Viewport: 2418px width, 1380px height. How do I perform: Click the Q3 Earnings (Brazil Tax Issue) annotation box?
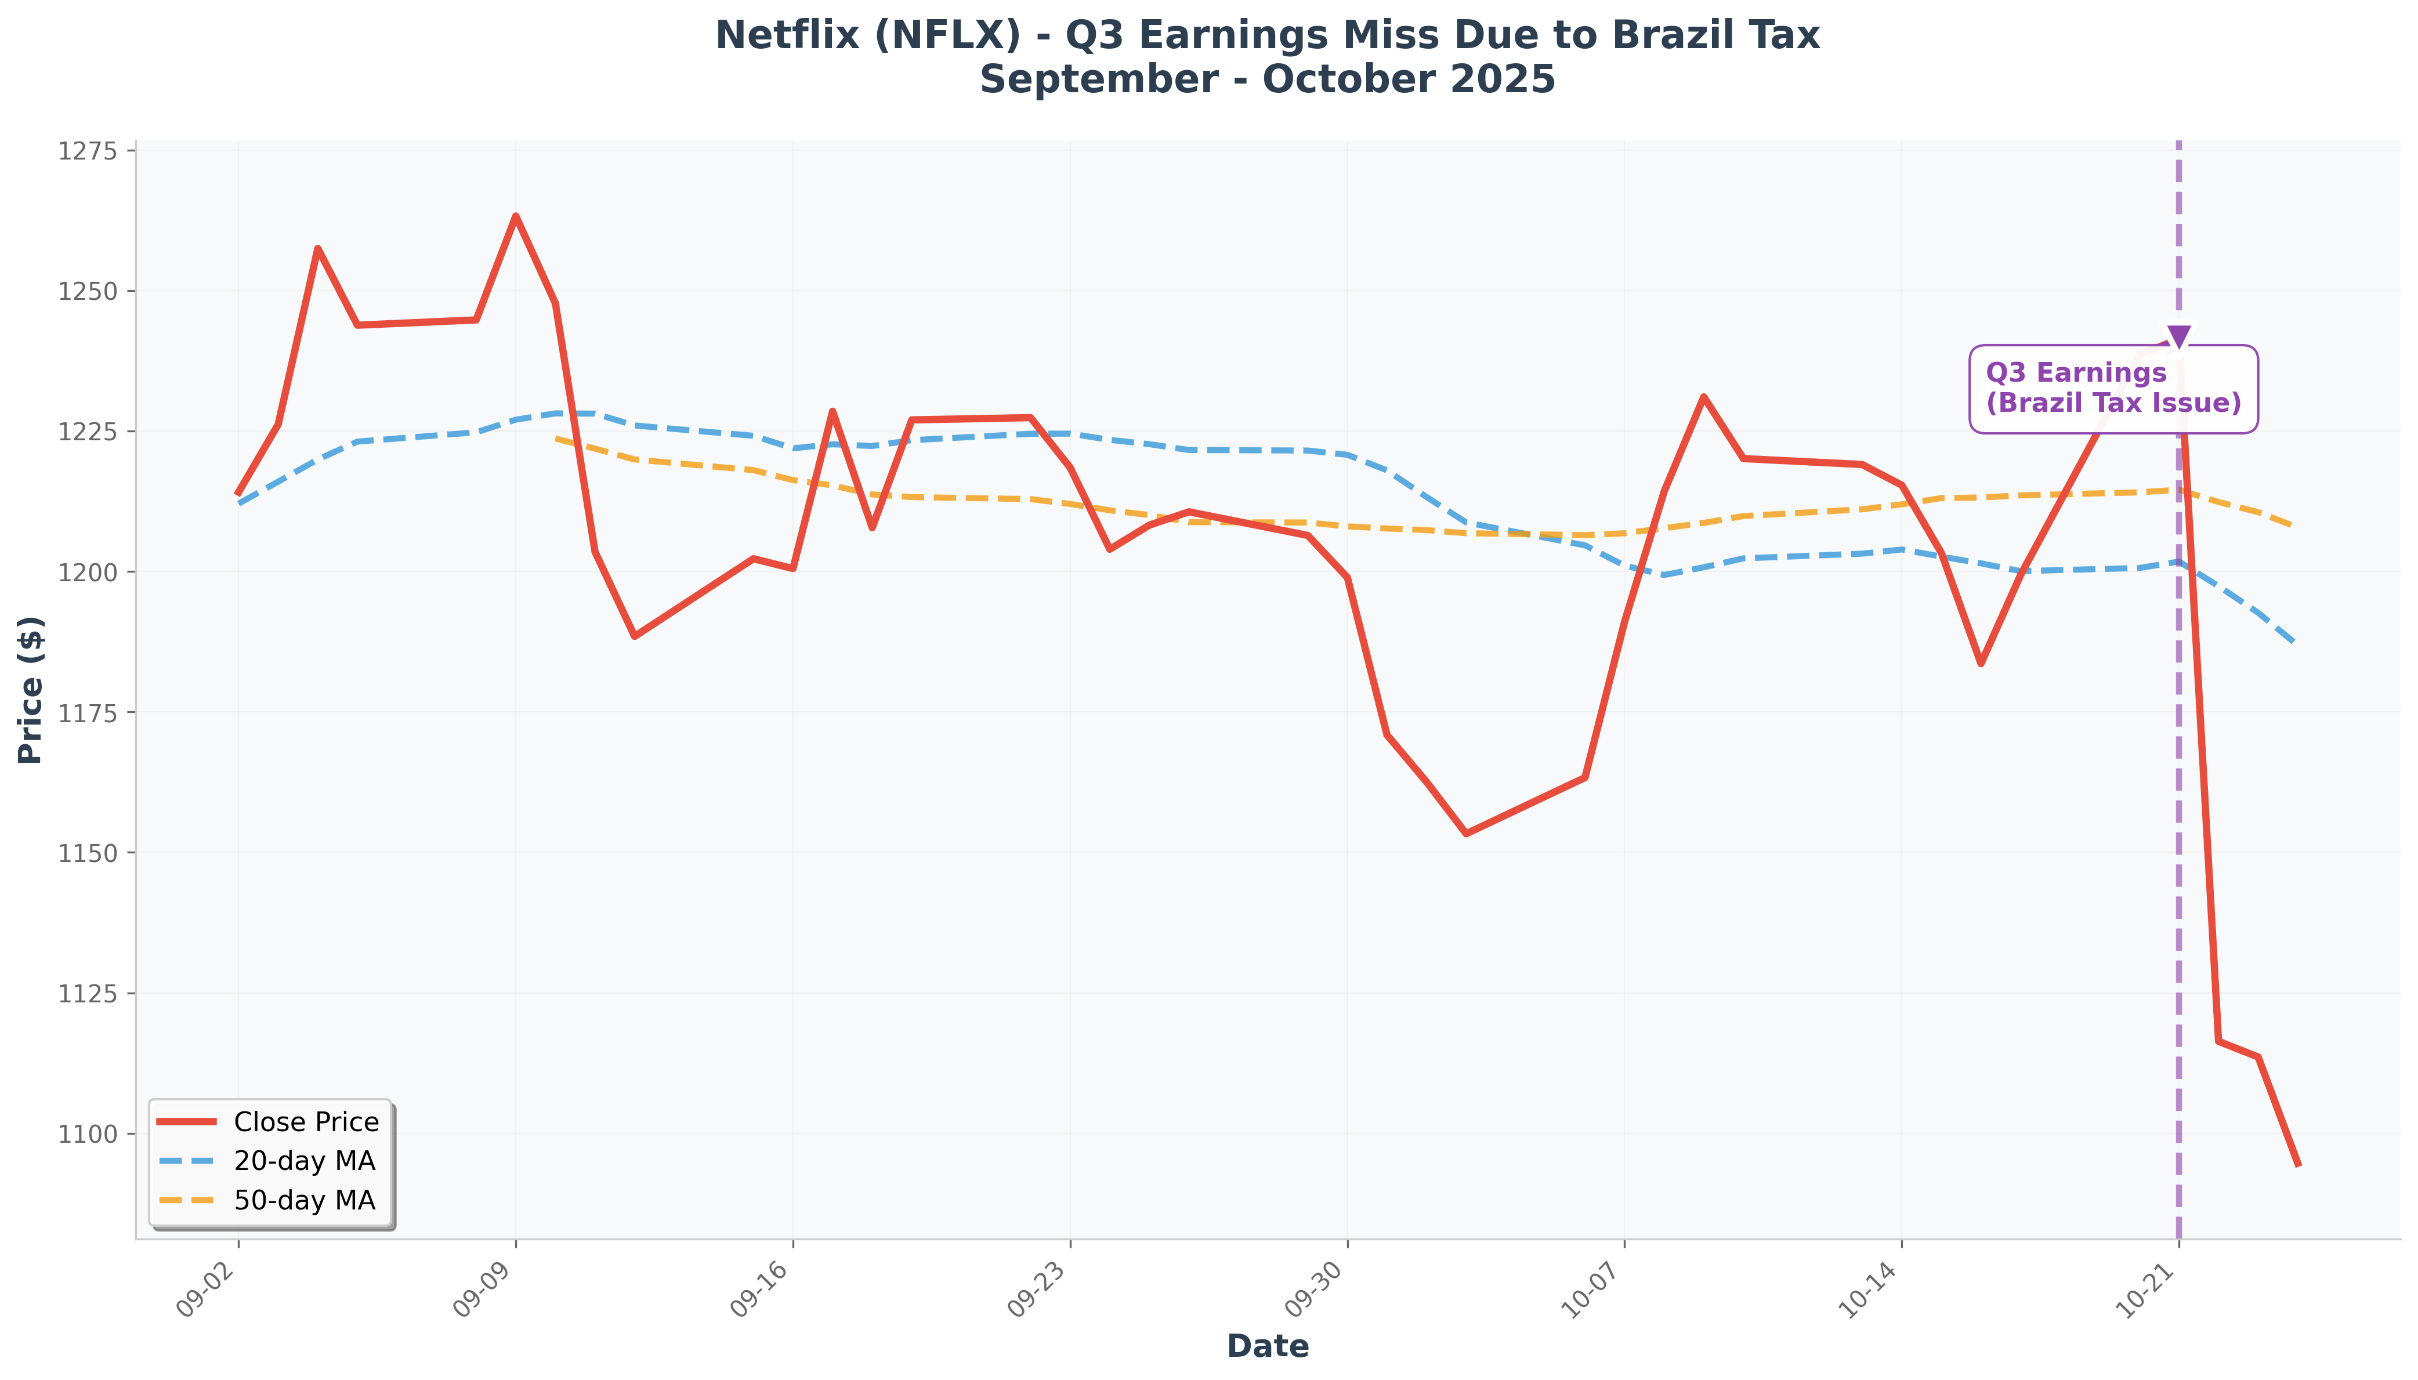pos(2113,389)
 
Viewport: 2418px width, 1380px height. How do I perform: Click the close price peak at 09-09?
pos(515,216)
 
